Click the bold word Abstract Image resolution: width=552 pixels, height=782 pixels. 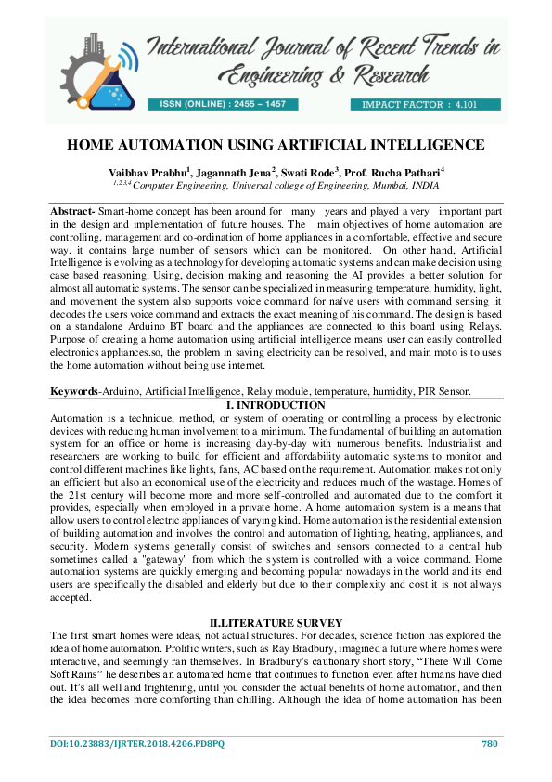point(71,212)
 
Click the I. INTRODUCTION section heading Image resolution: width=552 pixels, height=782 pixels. point(276,405)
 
